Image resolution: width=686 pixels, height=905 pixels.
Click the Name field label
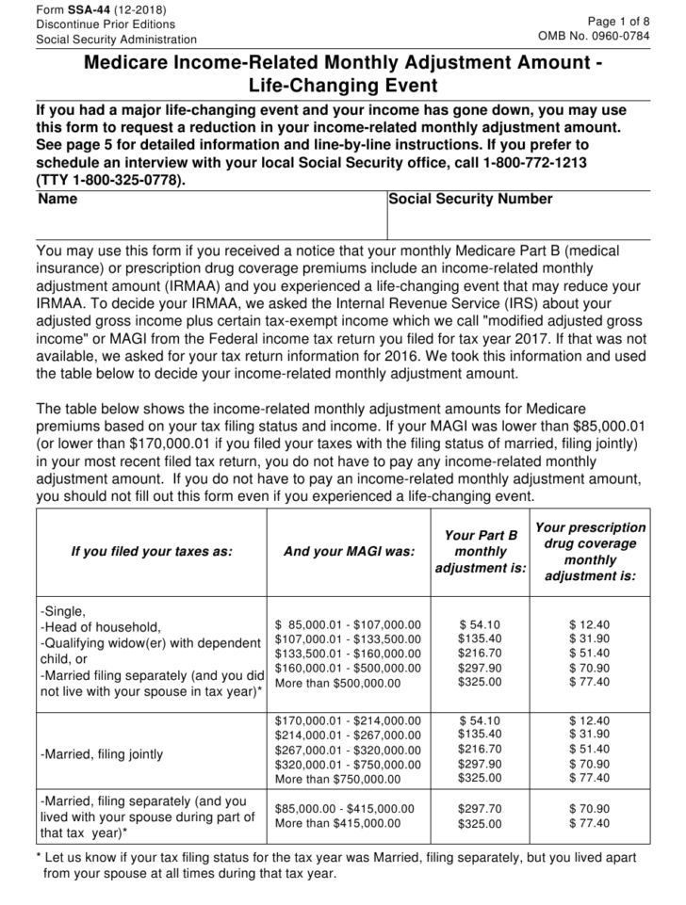[58, 200]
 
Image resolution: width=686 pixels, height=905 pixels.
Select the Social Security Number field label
[470, 200]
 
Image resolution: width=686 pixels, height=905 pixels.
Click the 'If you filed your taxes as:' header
[151, 552]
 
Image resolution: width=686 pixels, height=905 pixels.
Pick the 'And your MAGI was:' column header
[349, 552]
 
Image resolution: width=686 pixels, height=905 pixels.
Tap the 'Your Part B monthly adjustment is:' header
[481, 552]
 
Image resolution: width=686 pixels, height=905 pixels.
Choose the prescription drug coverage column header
[590, 552]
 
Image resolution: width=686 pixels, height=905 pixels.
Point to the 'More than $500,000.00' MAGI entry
[337, 683]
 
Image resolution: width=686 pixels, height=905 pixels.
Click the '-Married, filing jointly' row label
[102, 754]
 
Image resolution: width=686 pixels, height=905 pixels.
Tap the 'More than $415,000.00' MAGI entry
[337, 824]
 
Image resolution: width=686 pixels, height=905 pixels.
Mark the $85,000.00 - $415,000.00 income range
[344, 809]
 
